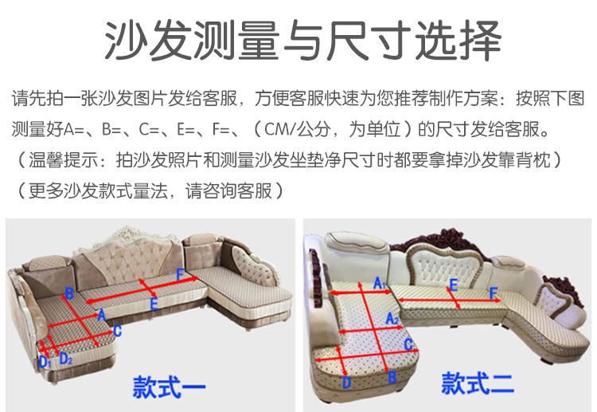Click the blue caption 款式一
point(169,386)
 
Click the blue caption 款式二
point(478,383)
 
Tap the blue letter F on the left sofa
point(181,275)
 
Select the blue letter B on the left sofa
point(69,293)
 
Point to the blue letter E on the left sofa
point(154,304)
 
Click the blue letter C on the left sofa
point(118,331)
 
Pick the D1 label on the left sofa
point(45,361)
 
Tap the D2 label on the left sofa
point(66,359)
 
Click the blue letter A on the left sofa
point(102,316)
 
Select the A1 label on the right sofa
point(380,283)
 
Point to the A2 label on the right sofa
point(392,319)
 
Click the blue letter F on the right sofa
point(494,293)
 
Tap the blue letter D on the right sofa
point(346,383)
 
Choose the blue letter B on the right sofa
point(392,377)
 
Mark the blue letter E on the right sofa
point(454,285)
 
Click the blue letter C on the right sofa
point(408,345)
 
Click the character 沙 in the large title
point(127,40)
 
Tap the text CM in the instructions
point(277,129)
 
